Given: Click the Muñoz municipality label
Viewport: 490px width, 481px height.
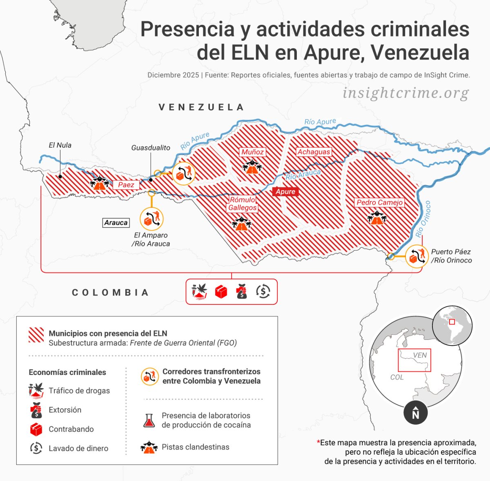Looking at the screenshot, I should (x=252, y=152).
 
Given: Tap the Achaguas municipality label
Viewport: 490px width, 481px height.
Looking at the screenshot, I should (x=314, y=152).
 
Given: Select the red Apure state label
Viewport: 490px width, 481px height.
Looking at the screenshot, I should (x=285, y=192).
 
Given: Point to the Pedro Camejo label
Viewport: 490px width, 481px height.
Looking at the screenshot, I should (x=379, y=202).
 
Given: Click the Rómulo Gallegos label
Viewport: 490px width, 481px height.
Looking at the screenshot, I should (x=243, y=204).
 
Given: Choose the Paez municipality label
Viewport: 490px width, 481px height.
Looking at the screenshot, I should (x=126, y=185).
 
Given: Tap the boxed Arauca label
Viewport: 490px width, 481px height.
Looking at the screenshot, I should (x=116, y=222).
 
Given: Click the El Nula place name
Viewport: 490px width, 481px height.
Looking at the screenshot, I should (x=60, y=145).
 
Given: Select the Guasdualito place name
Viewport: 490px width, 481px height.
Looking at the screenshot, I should (x=151, y=148).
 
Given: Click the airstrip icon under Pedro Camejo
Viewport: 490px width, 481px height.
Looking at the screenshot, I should (x=376, y=218).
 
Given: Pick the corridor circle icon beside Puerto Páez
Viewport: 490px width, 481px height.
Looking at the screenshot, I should (x=416, y=257).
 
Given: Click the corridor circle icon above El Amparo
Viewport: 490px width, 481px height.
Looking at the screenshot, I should (x=151, y=219).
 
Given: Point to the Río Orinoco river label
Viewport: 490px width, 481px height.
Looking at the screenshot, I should (x=423, y=219).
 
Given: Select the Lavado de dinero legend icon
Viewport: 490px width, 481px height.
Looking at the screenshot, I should (x=36, y=448).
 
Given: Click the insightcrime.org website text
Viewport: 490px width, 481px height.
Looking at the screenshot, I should (x=406, y=93).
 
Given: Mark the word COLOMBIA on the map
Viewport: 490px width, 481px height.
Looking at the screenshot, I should (x=110, y=293).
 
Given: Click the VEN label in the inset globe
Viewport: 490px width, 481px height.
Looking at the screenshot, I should (x=420, y=355).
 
